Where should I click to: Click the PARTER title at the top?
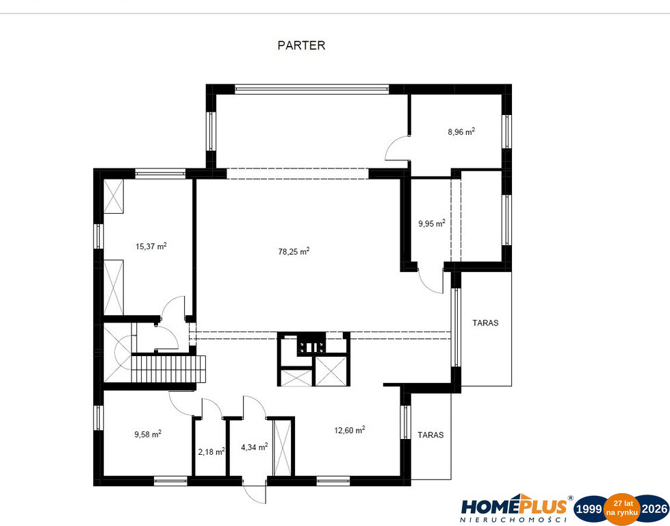pyautogui.click(x=301, y=45)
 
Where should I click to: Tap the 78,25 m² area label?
pyautogui.click(x=294, y=251)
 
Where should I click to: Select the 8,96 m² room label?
pyautogui.click(x=461, y=131)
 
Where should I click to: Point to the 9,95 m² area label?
pyautogui.click(x=432, y=223)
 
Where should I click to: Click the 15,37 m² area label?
pyautogui.click(x=151, y=246)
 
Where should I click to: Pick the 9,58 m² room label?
pyautogui.click(x=148, y=434)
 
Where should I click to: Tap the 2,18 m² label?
pyautogui.click(x=211, y=451)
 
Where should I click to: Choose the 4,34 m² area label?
pyautogui.click(x=254, y=447)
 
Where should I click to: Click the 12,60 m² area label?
pyautogui.click(x=350, y=430)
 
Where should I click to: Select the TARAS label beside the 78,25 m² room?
pyautogui.click(x=485, y=323)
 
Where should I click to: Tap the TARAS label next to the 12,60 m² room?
pyautogui.click(x=430, y=435)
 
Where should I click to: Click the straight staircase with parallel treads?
pyautogui.click(x=168, y=369)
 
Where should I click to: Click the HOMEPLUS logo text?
pyautogui.click(x=513, y=506)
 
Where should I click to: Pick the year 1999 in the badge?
pyautogui.click(x=589, y=509)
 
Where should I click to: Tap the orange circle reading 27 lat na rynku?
pyautogui.click(x=621, y=508)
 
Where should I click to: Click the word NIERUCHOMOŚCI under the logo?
pyautogui.click(x=513, y=520)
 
